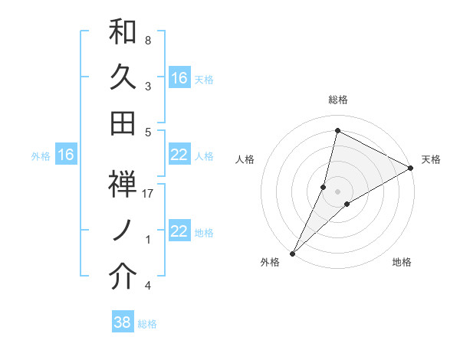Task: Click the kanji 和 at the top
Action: [123, 32]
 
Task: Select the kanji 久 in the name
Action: [123, 77]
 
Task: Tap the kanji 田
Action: [123, 122]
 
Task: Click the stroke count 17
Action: [148, 194]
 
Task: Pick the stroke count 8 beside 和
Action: [148, 40]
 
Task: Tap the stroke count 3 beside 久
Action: [148, 86]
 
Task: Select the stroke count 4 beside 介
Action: [148, 286]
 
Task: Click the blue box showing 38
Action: [123, 322]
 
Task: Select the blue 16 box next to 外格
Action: [66, 155]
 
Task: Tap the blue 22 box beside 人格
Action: [179, 155]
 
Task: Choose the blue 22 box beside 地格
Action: [179, 231]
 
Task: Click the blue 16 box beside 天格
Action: [179, 78]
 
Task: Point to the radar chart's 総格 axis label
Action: [338, 100]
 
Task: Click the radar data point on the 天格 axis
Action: [411, 169]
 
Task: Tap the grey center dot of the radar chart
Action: [337, 191]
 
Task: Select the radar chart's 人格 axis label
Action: [245, 159]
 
